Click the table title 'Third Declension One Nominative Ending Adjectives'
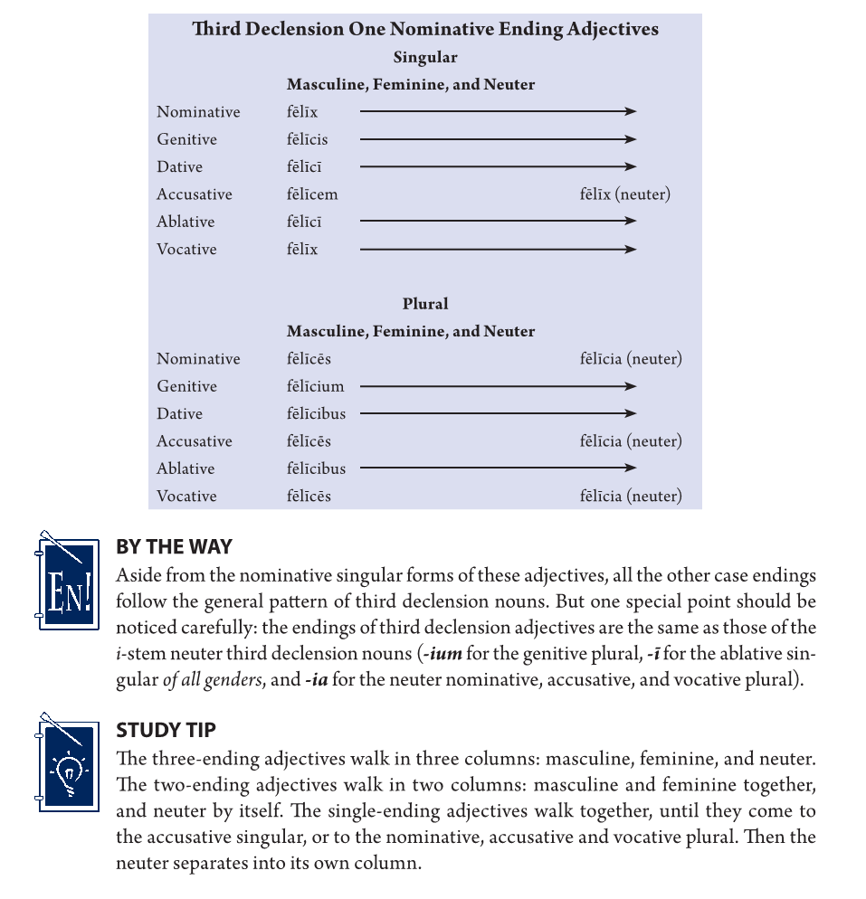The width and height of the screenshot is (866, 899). click(x=425, y=29)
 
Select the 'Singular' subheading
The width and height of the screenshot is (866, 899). click(x=425, y=57)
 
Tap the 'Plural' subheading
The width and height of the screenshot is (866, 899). click(x=425, y=304)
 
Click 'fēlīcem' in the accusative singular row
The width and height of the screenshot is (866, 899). click(x=312, y=194)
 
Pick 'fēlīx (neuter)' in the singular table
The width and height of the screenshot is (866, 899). click(x=625, y=194)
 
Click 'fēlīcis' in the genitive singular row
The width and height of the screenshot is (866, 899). click(x=308, y=139)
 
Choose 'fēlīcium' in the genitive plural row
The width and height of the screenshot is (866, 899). click(x=316, y=386)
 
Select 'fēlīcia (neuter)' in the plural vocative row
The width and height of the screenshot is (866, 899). click(x=631, y=496)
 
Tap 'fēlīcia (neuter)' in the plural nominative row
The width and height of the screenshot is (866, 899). click(x=631, y=359)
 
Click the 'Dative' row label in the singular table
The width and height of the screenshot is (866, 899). click(x=179, y=167)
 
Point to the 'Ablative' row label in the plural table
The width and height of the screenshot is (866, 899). click(x=186, y=468)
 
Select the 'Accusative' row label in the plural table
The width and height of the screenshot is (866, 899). click(x=194, y=441)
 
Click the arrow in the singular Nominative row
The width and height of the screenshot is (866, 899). click(x=498, y=111)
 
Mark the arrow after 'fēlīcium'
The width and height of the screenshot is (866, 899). click(x=498, y=386)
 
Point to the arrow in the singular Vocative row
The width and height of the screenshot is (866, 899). click(x=498, y=249)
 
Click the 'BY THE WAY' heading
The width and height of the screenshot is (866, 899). click(x=174, y=547)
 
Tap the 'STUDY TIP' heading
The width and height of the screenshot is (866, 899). click(x=166, y=730)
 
